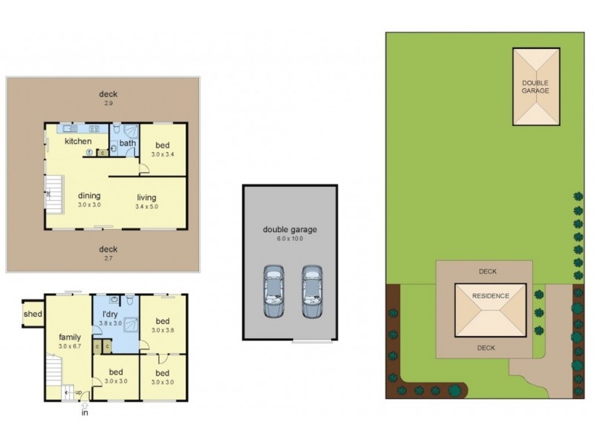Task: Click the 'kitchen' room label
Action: coord(78,141)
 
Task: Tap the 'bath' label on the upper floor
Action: coord(128,143)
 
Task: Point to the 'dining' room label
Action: coord(89,196)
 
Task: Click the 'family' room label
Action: coord(71,337)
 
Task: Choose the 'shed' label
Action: coord(33,313)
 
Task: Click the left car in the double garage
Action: coord(274,291)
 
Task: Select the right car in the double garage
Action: coord(311,291)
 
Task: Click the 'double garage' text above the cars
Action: coord(290,229)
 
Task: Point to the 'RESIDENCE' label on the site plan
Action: coord(491,296)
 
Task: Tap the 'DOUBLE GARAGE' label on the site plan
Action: coord(535,87)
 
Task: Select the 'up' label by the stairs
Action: coord(78,392)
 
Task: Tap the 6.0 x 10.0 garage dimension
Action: coord(290,239)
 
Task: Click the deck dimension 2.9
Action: coord(108,104)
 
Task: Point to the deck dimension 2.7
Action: coord(108,258)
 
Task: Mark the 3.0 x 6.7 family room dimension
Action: coord(71,346)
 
